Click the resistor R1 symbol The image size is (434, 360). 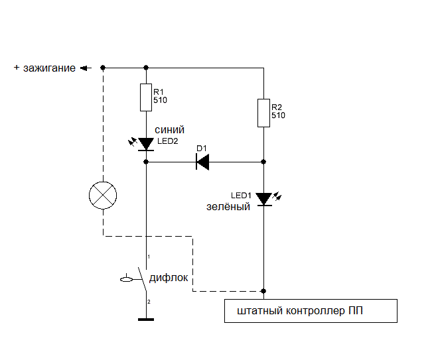[x=145, y=97]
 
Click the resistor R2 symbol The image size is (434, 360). [x=263, y=113]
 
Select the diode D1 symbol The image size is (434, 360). [x=203, y=161]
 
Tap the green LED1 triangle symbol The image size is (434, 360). [x=263, y=198]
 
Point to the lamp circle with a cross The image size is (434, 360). [x=103, y=196]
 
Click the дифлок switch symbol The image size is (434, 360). [x=141, y=279]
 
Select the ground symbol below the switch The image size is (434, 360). [x=145, y=320]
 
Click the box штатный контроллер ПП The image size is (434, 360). [x=310, y=311]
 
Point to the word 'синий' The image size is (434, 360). [x=169, y=129]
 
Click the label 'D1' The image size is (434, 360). [x=202, y=148]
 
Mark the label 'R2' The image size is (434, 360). [x=277, y=107]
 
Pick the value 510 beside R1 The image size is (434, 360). [x=160, y=101]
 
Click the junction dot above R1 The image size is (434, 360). [x=145, y=68]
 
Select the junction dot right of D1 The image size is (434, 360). [x=263, y=161]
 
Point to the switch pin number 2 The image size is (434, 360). [x=149, y=302]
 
